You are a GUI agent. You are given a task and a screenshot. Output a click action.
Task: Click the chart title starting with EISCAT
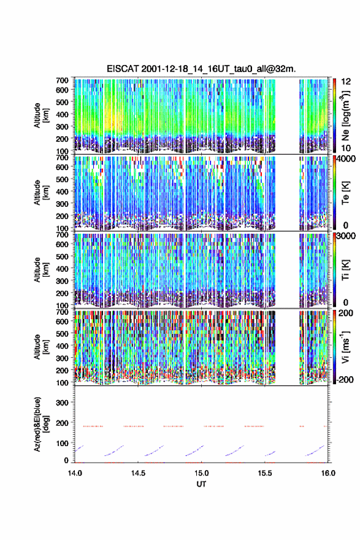pyautogui.click(x=201, y=69)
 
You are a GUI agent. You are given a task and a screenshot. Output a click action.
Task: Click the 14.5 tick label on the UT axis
pyautogui.click(x=138, y=473)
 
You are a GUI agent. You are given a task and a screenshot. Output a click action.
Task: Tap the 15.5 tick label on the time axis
pyautogui.click(x=265, y=473)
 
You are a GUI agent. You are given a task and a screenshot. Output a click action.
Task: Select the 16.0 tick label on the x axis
pyautogui.click(x=328, y=473)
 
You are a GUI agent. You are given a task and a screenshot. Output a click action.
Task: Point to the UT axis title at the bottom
pyautogui.click(x=201, y=484)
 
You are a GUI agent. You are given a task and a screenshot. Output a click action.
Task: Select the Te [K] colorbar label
pyautogui.click(x=345, y=193)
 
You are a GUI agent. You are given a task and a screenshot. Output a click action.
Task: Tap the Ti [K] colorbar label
pyautogui.click(x=345, y=270)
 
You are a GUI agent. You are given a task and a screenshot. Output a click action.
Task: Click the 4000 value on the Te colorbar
pyautogui.click(x=345, y=160)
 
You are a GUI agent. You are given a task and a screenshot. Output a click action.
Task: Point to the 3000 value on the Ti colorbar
pyautogui.click(x=345, y=236)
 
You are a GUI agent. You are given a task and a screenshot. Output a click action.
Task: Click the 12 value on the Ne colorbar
pyautogui.click(x=346, y=82)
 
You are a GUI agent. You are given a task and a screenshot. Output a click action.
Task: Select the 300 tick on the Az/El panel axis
pyautogui.click(x=62, y=403)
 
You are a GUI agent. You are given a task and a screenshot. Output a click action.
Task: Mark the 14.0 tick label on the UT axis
pyautogui.click(x=75, y=473)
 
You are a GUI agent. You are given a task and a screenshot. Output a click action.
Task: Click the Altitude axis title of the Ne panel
pyautogui.click(x=41, y=115)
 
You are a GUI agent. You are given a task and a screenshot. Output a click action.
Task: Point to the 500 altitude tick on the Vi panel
pyautogui.click(x=62, y=334)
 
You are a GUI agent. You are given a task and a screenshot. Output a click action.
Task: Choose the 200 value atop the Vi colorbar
pyautogui.click(x=346, y=313)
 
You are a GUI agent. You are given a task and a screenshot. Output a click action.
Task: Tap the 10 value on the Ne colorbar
pyautogui.click(x=346, y=148)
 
